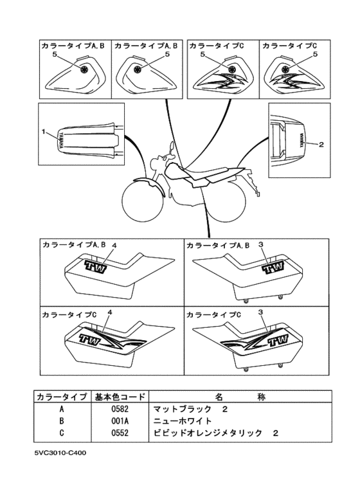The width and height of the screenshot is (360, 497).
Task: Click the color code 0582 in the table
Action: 120,409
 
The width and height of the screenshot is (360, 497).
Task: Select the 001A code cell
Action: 120,420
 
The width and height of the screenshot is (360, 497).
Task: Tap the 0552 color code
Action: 120,432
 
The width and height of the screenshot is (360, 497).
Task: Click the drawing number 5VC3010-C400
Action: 60,453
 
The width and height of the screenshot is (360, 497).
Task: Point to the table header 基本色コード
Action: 120,397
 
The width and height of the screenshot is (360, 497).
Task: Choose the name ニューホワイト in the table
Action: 182,420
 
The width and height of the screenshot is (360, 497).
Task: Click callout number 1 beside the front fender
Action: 44,131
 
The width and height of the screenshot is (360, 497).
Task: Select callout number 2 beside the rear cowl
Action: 321,145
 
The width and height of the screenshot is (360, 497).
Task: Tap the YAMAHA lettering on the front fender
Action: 61,140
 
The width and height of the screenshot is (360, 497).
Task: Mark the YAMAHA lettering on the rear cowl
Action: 301,140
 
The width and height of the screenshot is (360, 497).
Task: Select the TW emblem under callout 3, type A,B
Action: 273,267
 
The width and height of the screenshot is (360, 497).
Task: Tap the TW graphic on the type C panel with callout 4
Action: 90,340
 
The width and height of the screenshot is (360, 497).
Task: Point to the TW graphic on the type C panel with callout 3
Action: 278,340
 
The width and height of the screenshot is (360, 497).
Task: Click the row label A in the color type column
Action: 62,409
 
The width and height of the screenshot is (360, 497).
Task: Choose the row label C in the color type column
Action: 62,432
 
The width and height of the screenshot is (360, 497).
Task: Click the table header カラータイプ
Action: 62,397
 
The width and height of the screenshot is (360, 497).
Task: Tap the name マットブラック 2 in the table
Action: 190,409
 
